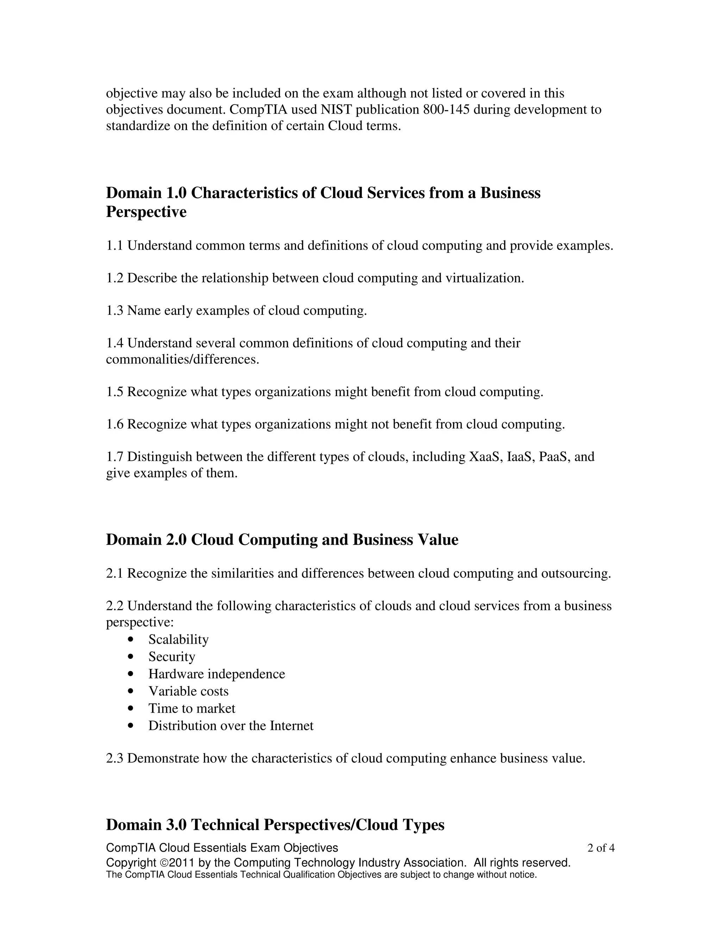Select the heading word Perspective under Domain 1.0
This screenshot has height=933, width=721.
coord(146,212)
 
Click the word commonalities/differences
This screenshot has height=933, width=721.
coord(182,359)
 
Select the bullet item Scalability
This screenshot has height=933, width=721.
coord(178,639)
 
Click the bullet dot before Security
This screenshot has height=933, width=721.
coord(131,657)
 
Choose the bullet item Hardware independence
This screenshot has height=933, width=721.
coord(217,674)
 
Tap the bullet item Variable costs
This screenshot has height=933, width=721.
coord(188,691)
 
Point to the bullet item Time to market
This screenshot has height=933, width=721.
coord(192,709)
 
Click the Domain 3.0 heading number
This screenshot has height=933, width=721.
coord(176,825)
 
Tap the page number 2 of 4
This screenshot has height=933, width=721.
coord(601,848)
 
